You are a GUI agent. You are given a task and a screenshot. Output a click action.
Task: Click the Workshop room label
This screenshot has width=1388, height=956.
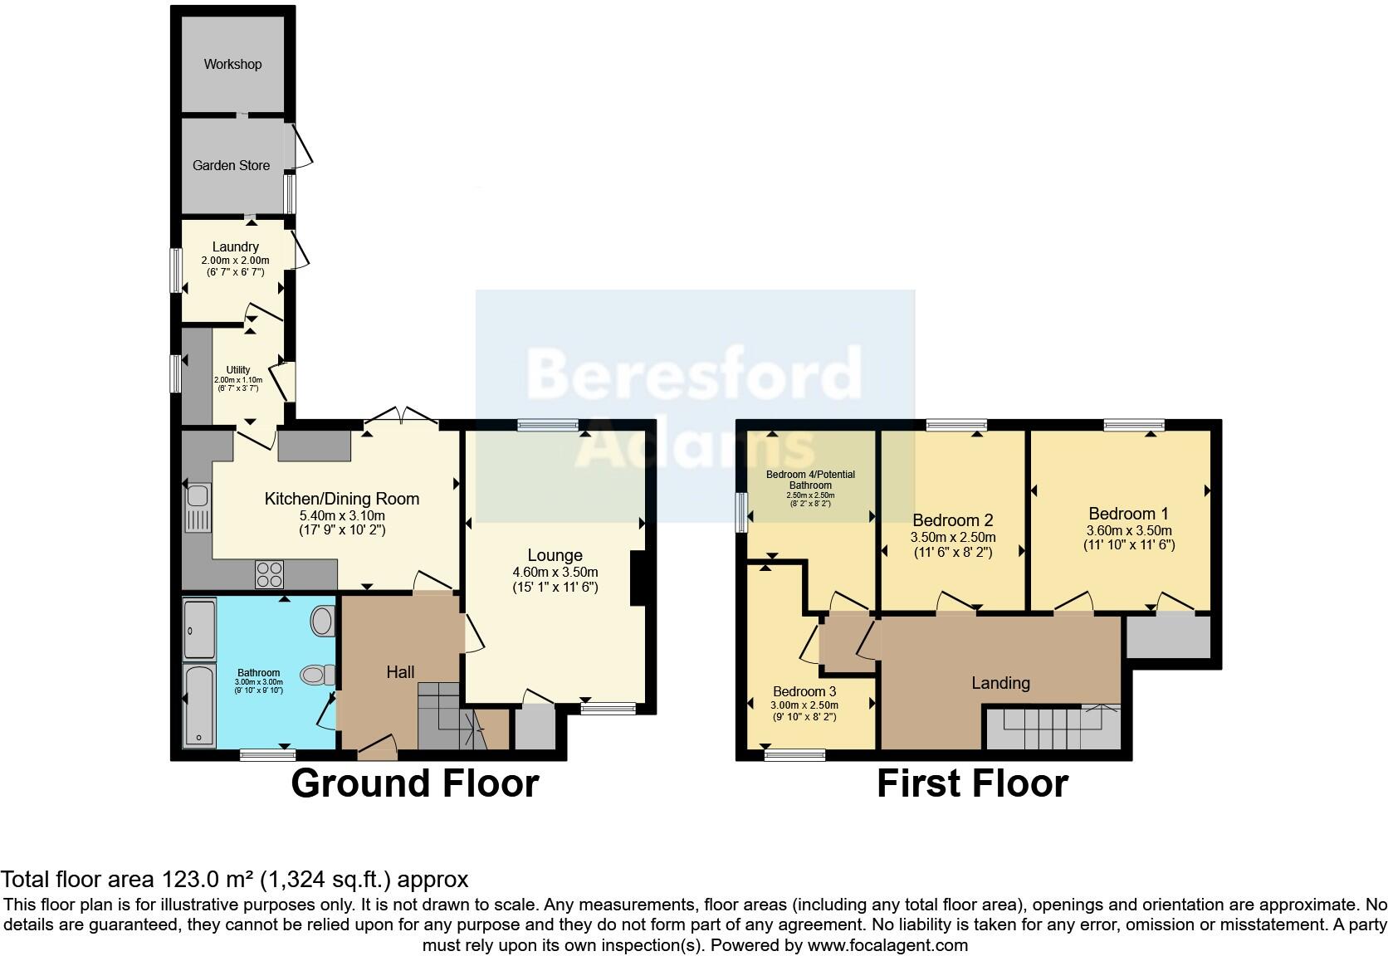click(232, 64)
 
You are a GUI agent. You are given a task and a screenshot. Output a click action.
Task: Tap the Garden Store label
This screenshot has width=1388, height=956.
click(231, 165)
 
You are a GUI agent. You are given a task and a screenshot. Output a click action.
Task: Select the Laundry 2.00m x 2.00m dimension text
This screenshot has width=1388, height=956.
click(235, 261)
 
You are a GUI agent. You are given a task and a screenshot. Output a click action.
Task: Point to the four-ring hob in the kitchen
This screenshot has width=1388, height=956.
click(270, 573)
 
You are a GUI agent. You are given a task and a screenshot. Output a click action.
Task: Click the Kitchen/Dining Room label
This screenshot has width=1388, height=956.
click(341, 499)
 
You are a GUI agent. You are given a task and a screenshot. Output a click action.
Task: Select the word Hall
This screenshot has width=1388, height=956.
click(400, 672)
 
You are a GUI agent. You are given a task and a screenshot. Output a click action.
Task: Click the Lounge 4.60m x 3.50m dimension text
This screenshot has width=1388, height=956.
click(555, 573)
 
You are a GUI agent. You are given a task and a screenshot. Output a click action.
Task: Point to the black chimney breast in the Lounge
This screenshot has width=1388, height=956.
click(638, 578)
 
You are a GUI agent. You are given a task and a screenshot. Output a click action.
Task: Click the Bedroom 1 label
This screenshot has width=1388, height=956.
click(1128, 514)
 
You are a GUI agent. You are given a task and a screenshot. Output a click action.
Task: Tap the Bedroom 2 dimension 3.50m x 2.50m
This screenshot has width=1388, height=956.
click(953, 538)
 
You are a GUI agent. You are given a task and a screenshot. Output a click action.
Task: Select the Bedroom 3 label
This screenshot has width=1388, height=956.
click(804, 691)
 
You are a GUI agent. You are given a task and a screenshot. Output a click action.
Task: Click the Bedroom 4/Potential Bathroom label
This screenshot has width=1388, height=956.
click(810, 480)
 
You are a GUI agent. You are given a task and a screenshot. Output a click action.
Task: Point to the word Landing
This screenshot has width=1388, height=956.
click(1000, 683)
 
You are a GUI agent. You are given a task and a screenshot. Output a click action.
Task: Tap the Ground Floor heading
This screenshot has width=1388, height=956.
click(414, 783)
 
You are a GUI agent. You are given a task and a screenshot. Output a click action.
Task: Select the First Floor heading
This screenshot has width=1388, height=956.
click(972, 783)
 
